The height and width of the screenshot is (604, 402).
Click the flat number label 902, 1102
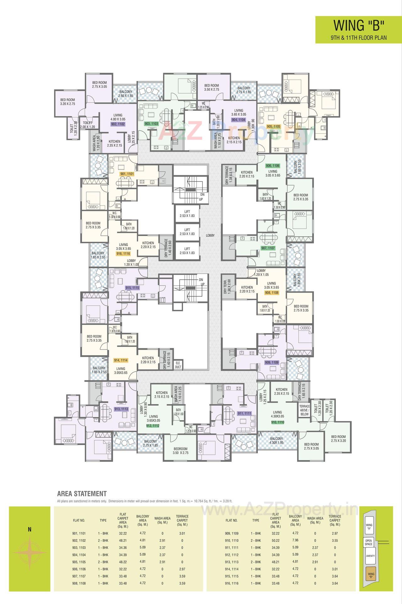118,124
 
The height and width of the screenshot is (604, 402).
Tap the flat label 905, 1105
273,126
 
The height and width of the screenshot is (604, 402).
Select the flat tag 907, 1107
268,248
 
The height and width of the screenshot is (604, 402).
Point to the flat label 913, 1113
121,409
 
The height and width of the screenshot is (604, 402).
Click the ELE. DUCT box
178,364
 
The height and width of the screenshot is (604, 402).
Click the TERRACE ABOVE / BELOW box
304,410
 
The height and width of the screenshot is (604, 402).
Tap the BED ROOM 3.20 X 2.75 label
68,102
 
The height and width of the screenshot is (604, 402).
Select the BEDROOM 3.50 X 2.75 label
181,451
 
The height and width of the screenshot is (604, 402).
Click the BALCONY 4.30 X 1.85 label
276,440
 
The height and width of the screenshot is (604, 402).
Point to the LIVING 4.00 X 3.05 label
118,117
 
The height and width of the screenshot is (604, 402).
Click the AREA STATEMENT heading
82,494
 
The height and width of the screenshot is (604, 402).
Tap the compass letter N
30,529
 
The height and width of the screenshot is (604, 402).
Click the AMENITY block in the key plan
370,556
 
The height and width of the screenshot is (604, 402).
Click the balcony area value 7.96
295,540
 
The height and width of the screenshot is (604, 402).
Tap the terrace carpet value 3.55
335,540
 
